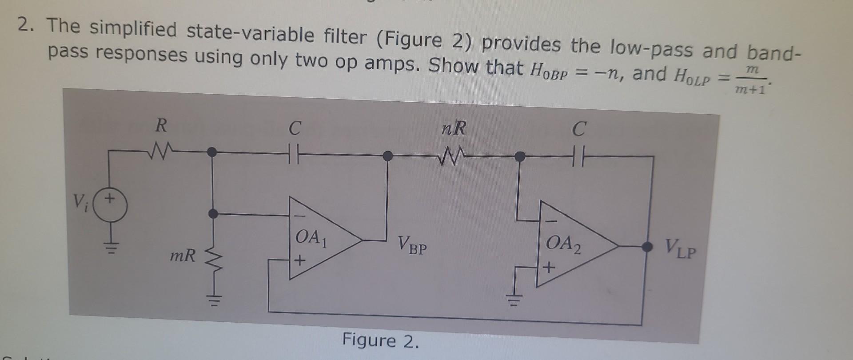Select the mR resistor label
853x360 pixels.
click(x=182, y=256)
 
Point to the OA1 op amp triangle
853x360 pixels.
click(x=320, y=240)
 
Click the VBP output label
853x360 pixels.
click(x=412, y=245)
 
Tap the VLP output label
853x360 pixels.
click(x=680, y=249)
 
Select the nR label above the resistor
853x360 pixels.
click(x=454, y=129)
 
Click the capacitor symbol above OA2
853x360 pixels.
click(x=578, y=156)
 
